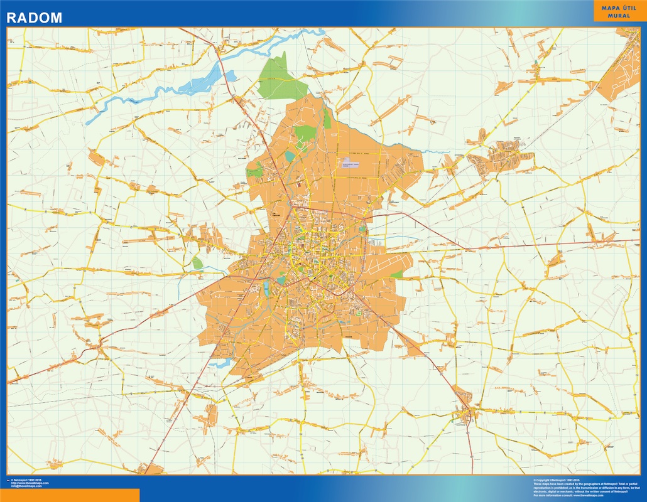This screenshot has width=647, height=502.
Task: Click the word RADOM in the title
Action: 35,18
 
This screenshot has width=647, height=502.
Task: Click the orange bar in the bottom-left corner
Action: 69,495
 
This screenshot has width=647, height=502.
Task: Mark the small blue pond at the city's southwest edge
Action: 220,363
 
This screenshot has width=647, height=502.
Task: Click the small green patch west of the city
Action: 198,263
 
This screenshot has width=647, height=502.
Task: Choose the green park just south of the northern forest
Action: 305,134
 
